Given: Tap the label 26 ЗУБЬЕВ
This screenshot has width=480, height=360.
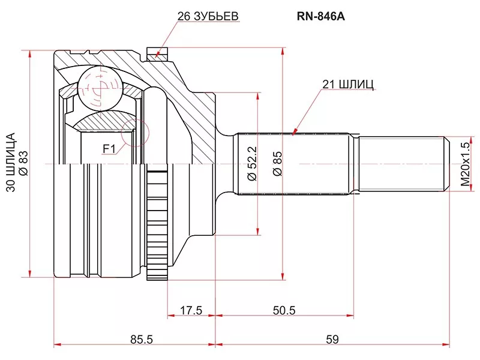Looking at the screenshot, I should tap(208, 17).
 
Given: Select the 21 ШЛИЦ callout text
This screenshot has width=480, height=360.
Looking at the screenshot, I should tap(348, 85).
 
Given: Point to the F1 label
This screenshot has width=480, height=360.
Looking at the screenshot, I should tap(109, 147).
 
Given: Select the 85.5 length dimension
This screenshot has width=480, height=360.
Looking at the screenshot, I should tap(141, 340).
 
